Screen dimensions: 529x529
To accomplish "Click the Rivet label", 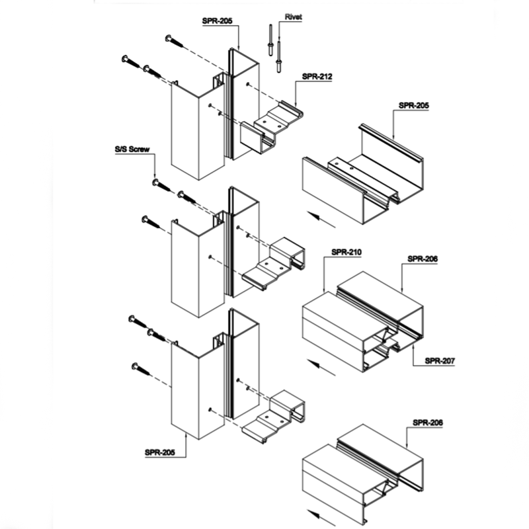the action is pos(293,17).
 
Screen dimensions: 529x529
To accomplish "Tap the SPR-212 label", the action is pos(317,77).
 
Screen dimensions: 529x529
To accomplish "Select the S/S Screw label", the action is pos(132,149).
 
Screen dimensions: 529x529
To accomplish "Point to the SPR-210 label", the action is pos(346,252).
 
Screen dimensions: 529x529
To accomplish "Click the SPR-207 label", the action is pos(440,360).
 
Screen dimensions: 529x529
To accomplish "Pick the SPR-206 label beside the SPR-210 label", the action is pos(423,259).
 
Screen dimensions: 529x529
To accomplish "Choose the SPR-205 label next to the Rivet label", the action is pos(218,21).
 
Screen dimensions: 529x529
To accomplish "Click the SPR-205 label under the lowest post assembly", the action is pos(160,452).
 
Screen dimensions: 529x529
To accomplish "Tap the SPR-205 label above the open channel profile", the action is pos(414,105).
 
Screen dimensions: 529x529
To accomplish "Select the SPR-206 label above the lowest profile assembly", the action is pos(428,423).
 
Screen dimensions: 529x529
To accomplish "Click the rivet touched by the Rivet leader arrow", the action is pos(278,57).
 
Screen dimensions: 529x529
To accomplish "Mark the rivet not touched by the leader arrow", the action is pos(270,40).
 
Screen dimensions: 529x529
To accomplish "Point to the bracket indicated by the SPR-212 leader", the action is pos(272,126).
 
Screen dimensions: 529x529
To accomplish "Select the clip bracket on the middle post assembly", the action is pos(274,263).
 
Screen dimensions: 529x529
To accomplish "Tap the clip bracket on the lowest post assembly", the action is pos(274,416).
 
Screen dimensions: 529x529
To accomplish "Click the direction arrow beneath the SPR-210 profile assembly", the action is pos(321,368).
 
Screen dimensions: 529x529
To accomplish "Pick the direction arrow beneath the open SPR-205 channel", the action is pos(321,220).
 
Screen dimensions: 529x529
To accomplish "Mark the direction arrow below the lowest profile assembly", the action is pos(321,518).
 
